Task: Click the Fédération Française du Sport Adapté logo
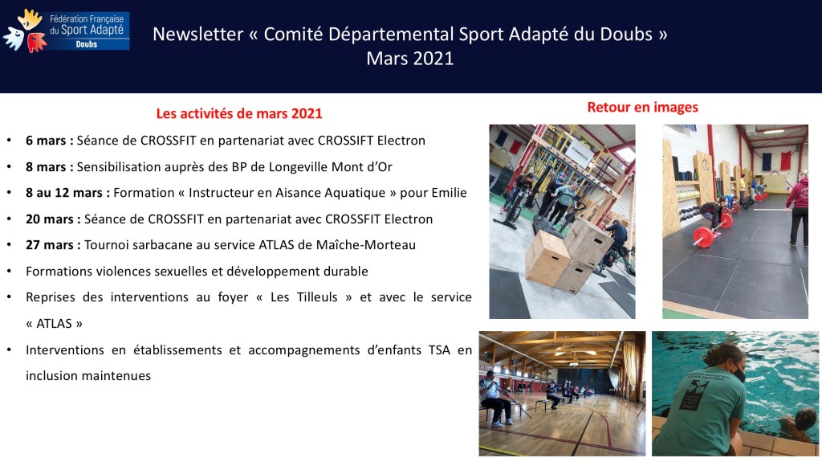coord(66,31)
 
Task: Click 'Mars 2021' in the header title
coord(409,59)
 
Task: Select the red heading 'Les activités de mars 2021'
coord(239,113)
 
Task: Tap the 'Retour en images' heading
coord(642,107)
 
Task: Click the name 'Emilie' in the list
coord(449,193)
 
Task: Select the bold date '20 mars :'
coord(53,219)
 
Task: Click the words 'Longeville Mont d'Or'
coord(330,167)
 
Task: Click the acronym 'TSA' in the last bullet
coord(439,350)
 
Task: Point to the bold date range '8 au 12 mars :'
coord(67,193)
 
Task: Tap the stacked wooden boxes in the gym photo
coord(569,255)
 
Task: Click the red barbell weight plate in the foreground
coord(703,237)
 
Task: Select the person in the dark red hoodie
coord(798,208)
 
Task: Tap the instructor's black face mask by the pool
coord(739,374)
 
